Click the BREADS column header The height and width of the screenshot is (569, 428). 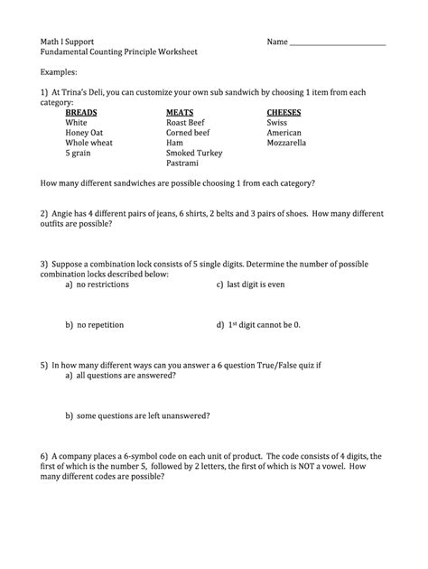[x=84, y=112]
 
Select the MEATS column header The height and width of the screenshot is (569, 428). [x=181, y=112]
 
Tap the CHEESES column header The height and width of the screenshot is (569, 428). [x=284, y=112]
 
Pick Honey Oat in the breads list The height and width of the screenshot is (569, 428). [x=84, y=133]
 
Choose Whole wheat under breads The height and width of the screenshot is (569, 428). [x=88, y=143]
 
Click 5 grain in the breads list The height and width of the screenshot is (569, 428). [x=79, y=154]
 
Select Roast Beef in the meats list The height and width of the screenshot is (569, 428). [x=186, y=123]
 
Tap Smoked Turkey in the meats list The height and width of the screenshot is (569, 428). [x=194, y=154]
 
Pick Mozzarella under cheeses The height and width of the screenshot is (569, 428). [x=286, y=143]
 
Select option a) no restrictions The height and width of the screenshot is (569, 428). [x=97, y=284]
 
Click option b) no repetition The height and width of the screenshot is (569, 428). [x=94, y=323]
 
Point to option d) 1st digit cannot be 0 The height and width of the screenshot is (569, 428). [x=258, y=323]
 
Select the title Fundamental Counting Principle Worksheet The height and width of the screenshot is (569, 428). [x=118, y=52]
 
